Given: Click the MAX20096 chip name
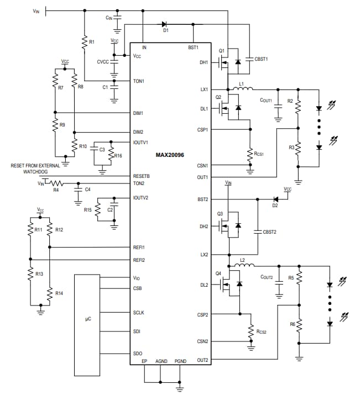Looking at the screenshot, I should tap(169, 155).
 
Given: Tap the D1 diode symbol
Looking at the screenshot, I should tap(165, 24).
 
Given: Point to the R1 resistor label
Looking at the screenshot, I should tap(92, 42).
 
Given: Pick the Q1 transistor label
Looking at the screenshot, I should tap(221, 51).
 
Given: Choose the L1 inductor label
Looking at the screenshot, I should tap(241, 83).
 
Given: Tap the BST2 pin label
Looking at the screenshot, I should tap(203, 199).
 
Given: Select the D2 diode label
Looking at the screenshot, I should tap(275, 206).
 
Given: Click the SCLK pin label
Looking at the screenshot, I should tap(138, 312).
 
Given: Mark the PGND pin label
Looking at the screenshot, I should tap(180, 361).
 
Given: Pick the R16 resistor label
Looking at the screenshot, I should tap(118, 156).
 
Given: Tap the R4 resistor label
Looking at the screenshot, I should tap(56, 190).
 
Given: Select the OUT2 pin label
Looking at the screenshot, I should tap(203, 360).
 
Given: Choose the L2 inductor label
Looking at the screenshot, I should tap(242, 260).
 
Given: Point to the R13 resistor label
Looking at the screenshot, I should tap(39, 274).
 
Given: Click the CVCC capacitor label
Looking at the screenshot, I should tap(103, 62).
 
